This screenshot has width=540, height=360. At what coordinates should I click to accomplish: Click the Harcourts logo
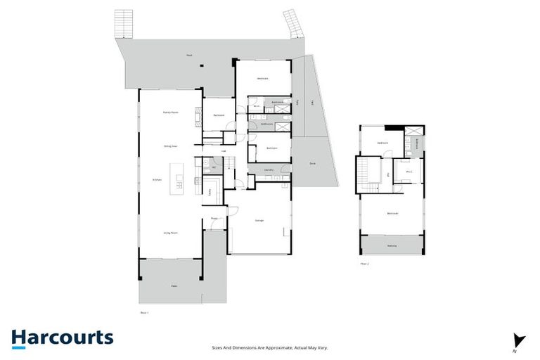click(62, 337)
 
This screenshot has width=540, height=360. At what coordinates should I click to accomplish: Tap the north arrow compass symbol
click(519, 340)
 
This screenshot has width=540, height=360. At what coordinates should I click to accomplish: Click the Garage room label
click(259, 221)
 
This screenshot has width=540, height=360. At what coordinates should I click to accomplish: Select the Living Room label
click(169, 233)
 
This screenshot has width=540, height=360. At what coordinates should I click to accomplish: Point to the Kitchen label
click(157, 179)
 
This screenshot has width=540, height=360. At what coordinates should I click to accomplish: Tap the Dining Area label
click(169, 146)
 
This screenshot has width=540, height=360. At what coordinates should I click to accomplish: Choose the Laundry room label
click(268, 170)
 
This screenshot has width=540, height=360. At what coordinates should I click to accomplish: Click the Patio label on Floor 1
click(174, 286)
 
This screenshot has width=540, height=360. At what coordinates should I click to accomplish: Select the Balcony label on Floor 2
click(392, 245)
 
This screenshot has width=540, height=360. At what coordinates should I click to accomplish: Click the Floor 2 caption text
click(364, 264)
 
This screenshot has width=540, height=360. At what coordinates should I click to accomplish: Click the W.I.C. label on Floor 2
click(409, 171)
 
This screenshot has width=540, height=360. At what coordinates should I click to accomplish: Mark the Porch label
click(214, 219)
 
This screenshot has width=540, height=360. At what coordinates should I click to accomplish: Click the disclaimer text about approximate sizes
click(270, 347)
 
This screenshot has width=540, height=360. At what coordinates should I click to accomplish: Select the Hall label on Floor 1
click(224, 151)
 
